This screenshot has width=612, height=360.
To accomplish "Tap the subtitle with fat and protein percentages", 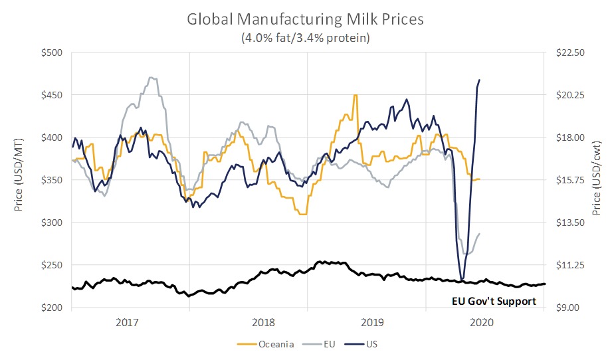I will [x=306, y=39].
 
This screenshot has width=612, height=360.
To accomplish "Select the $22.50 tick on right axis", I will [x=568, y=52].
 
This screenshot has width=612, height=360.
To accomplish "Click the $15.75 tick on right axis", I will [x=568, y=180].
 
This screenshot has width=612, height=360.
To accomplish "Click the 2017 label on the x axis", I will [x=127, y=322].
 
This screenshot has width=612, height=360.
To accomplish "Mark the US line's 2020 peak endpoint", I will [x=480, y=80].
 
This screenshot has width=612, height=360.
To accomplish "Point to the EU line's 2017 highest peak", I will [x=152, y=78].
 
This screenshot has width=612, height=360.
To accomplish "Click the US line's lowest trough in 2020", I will [x=462, y=280].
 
